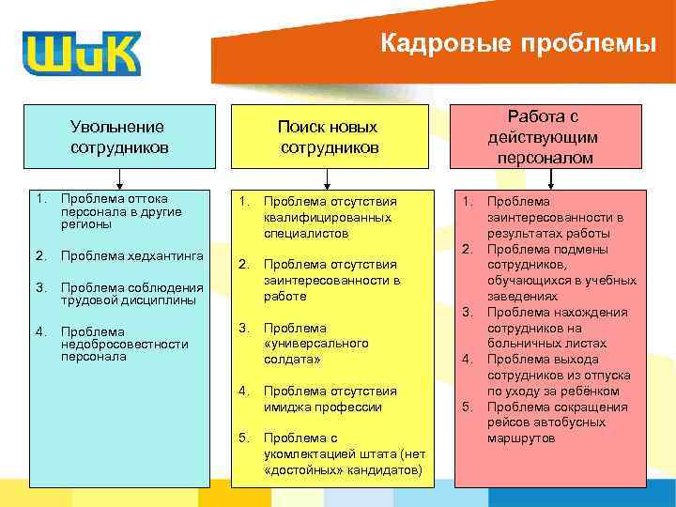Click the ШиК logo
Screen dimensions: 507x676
coord(82,53)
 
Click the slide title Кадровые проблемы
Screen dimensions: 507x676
coord(518,43)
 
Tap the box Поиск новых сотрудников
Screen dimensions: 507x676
coord(327,137)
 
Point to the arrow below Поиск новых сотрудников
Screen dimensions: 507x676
coord(327,178)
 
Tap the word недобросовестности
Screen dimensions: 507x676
coord(124,344)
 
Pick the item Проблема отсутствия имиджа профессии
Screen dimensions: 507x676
coord(330,398)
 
